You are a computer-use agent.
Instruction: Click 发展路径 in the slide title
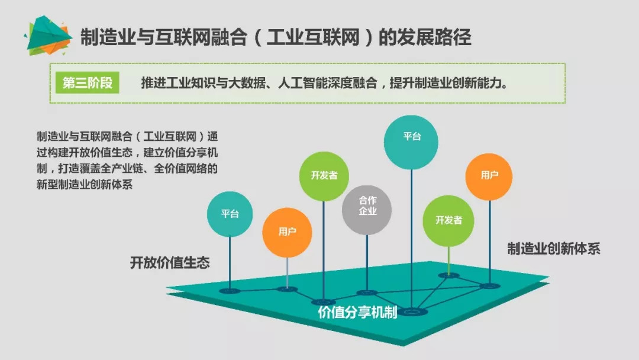tap(438, 37)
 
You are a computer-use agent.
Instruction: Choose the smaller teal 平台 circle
tap(230, 214)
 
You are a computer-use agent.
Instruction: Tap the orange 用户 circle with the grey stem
tap(287, 232)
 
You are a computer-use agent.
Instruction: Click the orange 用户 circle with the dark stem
tap(489, 175)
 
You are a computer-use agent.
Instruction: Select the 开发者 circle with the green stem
tap(448, 220)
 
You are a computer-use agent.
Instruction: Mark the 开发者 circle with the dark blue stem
tap(324, 176)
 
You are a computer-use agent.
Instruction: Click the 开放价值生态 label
tap(170, 263)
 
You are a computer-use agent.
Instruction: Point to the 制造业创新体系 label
tap(553, 249)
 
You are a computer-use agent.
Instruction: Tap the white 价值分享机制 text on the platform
tap(357, 313)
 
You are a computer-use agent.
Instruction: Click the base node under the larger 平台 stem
tap(412, 311)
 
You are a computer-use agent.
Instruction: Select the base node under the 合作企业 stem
tap(367, 292)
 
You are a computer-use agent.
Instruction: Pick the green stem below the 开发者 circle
tap(448, 259)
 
